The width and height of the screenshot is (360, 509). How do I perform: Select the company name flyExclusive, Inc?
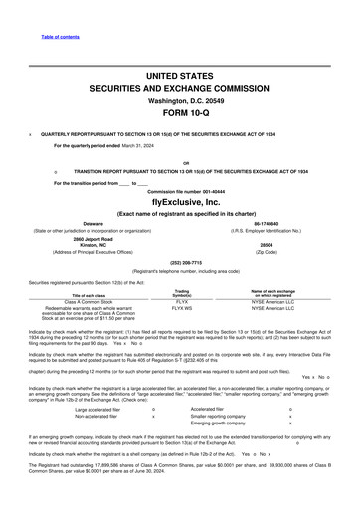180,199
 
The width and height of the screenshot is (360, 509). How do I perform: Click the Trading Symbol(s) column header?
182,294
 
